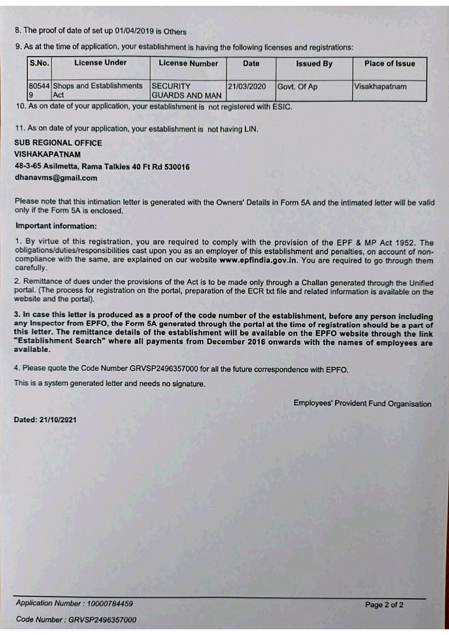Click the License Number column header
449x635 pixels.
pos(188,63)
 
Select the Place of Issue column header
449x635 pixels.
pos(389,64)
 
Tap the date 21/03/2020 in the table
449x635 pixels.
pos(247,87)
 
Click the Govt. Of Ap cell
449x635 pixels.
pos(297,87)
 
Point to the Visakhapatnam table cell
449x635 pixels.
pos(380,87)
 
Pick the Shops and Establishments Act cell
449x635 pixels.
pos(98,90)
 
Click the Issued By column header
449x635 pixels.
pos(314,64)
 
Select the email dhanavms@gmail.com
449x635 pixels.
pos(56,178)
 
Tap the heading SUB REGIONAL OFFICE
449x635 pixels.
pos(58,143)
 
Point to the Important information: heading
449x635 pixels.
pos(56,226)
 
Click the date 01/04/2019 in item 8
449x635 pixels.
pos(134,31)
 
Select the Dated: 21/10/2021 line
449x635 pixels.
pos(45,420)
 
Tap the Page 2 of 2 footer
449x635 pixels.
pos(384,605)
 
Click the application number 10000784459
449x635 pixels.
pos(110,604)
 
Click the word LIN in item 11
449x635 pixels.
pos(251,129)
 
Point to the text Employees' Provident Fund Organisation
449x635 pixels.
pos(362,403)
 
